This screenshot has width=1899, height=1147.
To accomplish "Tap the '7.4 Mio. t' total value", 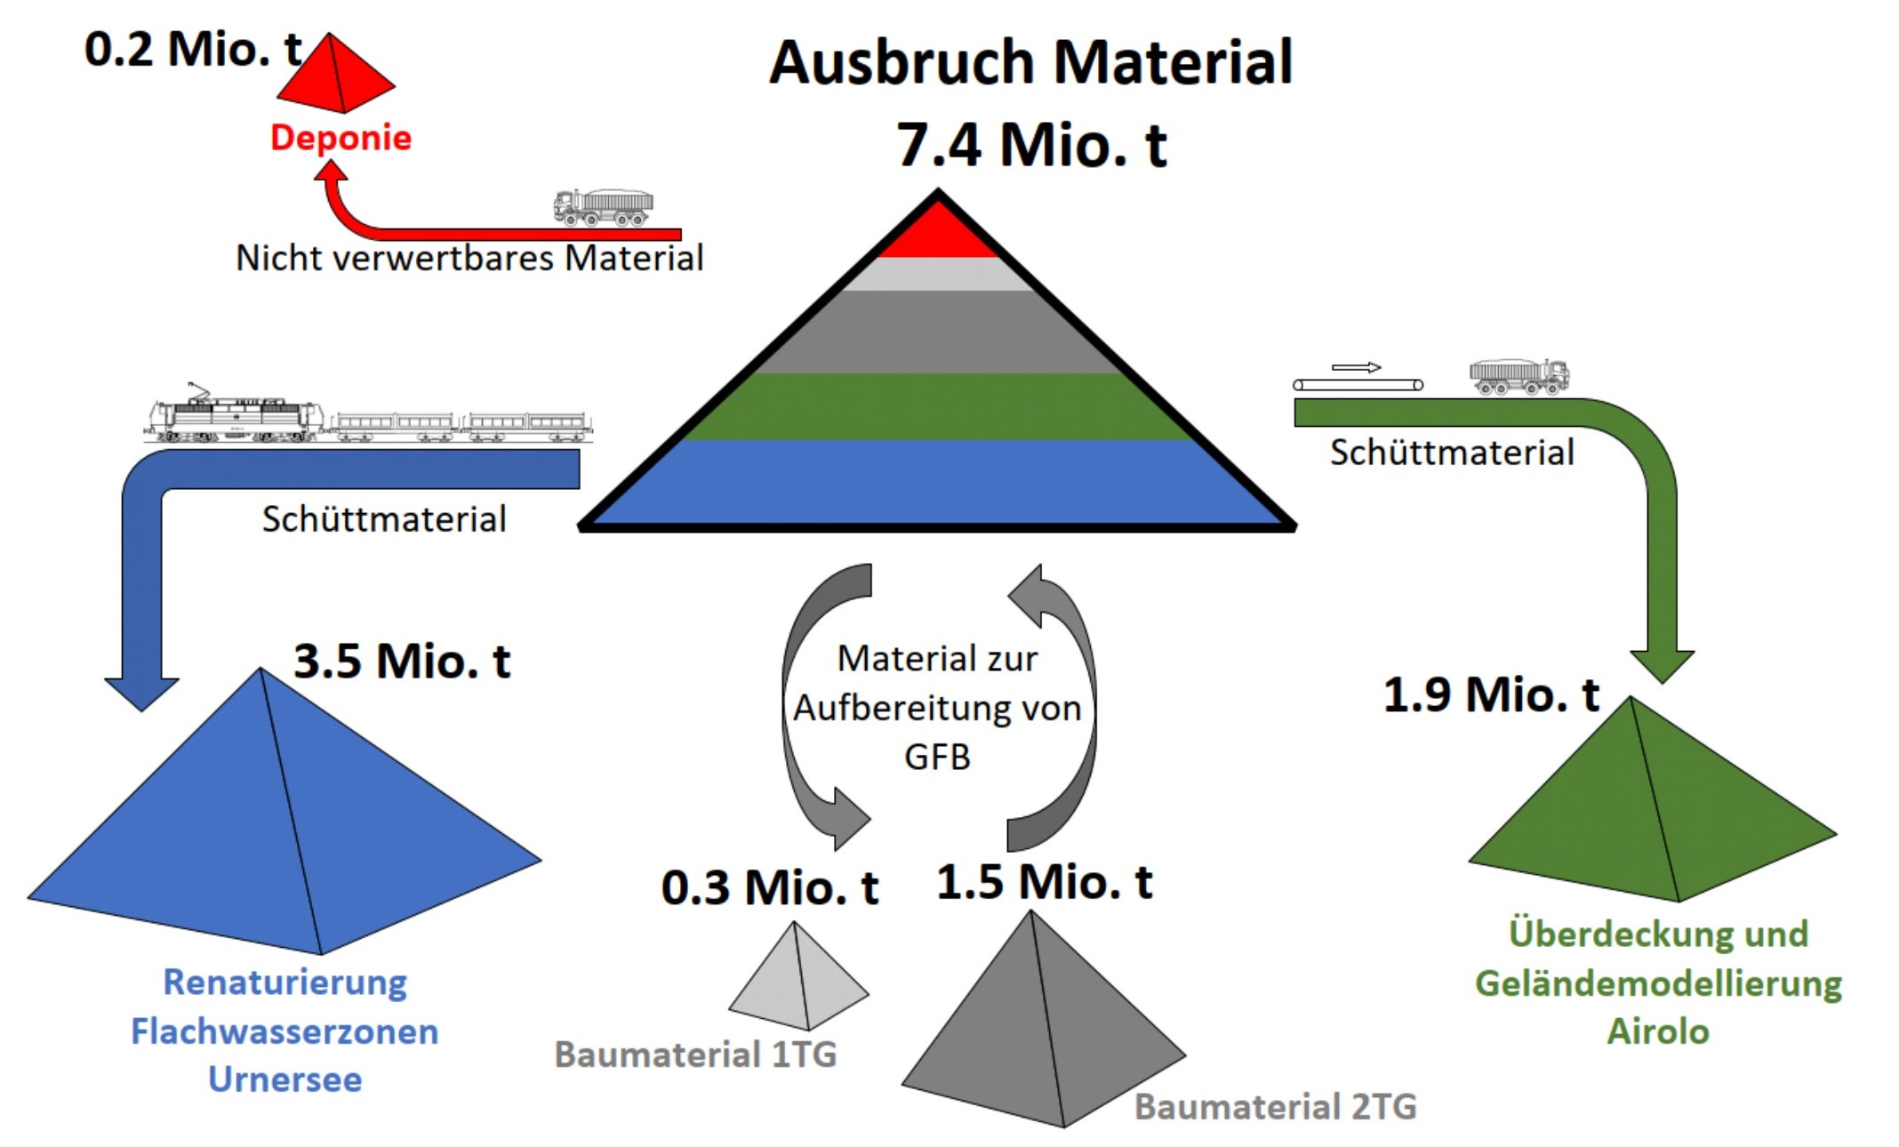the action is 1031,144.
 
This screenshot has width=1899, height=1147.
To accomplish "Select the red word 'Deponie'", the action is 341,139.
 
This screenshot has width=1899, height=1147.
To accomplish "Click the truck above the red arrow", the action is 604,208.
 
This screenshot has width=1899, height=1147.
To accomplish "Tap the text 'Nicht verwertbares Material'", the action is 469,258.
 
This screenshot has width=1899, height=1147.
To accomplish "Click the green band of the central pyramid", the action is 938,406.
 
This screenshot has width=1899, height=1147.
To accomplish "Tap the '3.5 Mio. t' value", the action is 402,662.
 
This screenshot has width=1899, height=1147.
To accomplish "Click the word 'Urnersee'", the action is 285,1079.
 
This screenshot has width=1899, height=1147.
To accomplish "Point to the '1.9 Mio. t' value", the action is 1491,694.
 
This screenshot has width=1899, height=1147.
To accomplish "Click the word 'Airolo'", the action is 1658,1031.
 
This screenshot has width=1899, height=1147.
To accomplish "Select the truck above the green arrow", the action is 1519,377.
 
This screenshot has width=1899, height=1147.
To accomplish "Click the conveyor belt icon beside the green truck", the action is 1358,385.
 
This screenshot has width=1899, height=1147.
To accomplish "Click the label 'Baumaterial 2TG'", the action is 1276,1107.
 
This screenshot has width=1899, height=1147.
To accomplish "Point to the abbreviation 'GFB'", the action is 937,758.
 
